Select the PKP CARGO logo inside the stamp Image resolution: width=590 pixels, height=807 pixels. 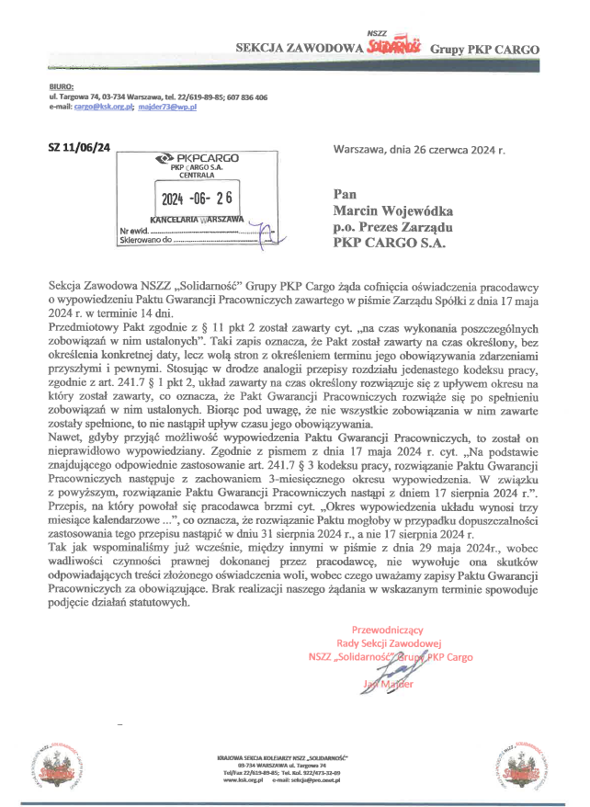197,158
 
